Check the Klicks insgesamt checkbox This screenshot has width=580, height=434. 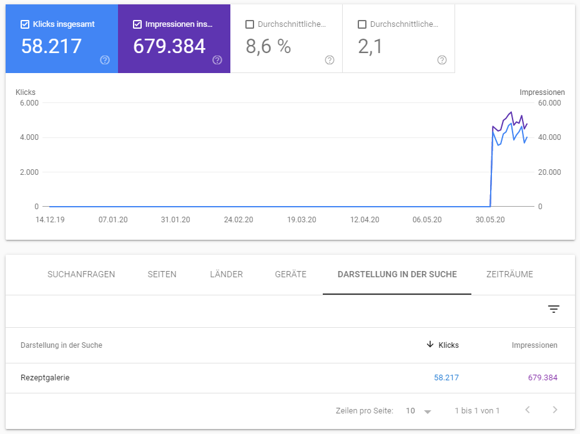[25, 24]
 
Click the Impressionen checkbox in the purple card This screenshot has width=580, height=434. [137, 24]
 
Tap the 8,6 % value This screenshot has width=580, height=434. [268, 46]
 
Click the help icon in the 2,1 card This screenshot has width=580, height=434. [442, 60]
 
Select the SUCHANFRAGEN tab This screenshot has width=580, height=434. [81, 274]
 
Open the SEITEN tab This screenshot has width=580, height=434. [162, 274]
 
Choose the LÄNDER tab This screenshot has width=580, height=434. [226, 274]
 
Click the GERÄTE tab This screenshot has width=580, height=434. [290, 274]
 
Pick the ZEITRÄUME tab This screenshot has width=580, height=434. [509, 274]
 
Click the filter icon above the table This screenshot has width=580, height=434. [554, 309]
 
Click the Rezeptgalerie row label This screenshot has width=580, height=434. [45, 377]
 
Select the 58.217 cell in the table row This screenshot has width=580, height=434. [446, 377]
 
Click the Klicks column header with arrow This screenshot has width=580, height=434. [443, 345]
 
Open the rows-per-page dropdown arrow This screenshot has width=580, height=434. [428, 412]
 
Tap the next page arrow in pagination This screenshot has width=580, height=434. [555, 410]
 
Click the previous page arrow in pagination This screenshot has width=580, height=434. [528, 410]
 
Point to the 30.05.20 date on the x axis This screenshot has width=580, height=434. [490, 220]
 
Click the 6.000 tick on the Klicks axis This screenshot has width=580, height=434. [29, 102]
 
